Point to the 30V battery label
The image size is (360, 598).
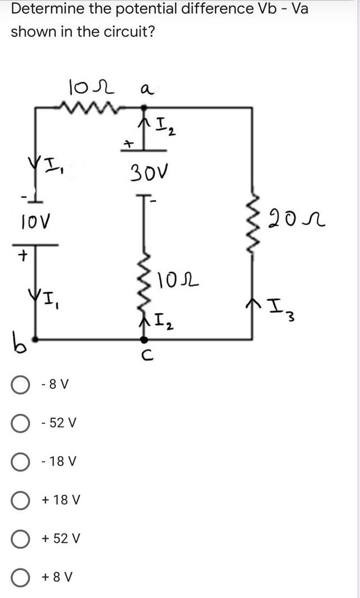pos(147,170)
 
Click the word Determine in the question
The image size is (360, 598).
pos(45,9)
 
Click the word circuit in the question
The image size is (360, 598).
pos(122,31)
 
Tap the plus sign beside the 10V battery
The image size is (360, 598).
pos(23,256)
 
